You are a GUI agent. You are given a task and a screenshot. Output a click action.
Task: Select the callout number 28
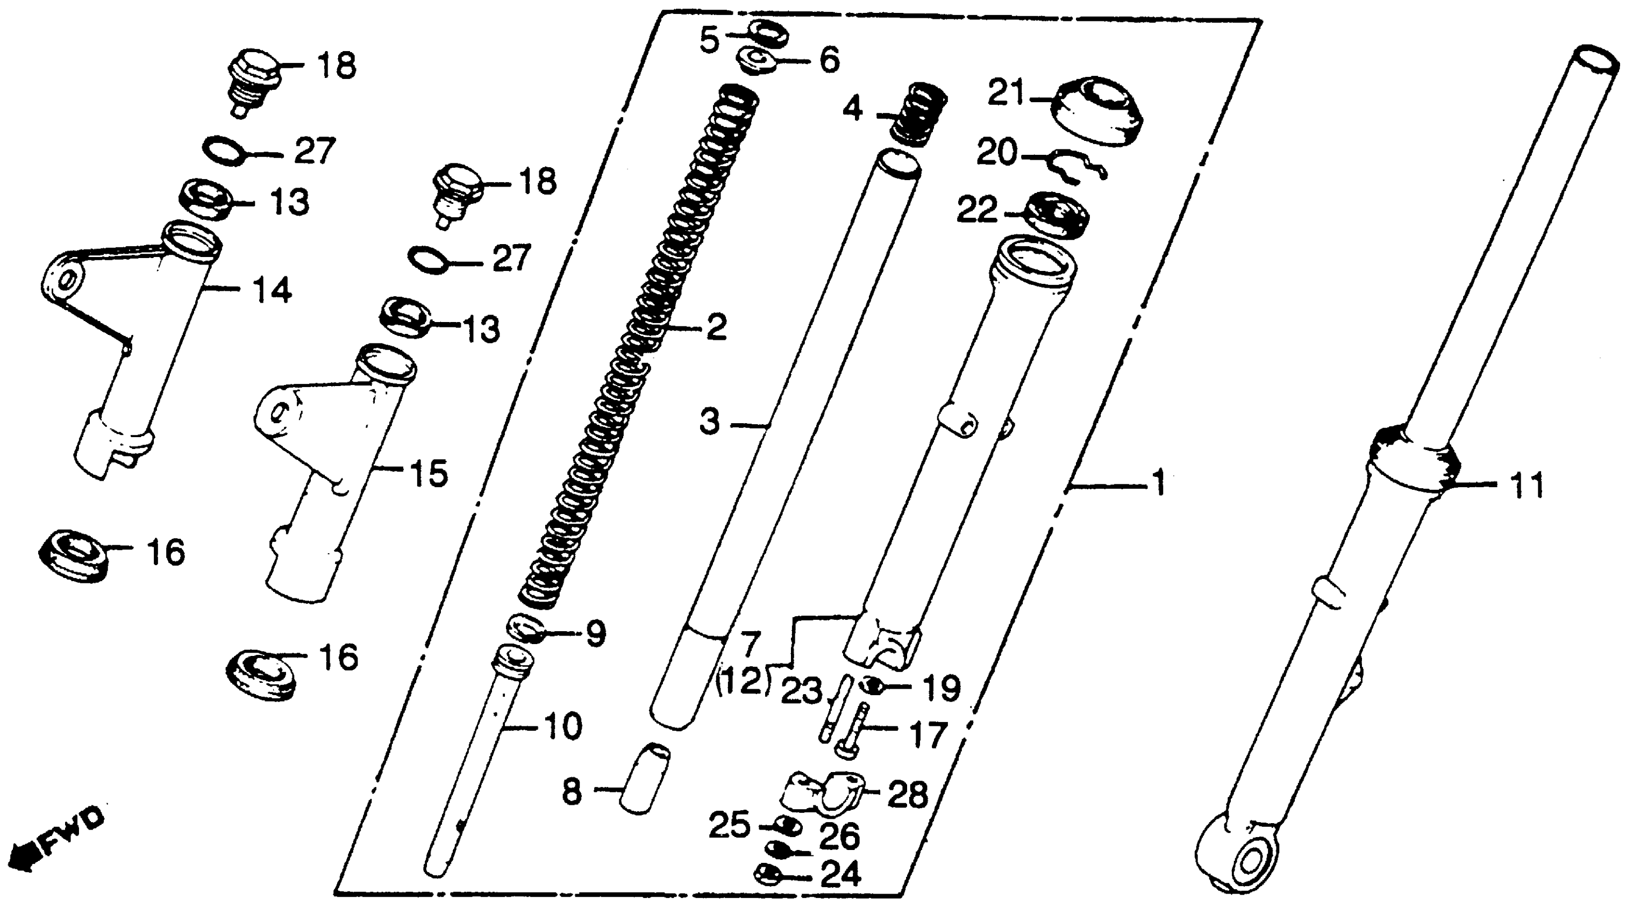tap(908, 794)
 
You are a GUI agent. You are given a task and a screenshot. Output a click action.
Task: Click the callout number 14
tap(272, 291)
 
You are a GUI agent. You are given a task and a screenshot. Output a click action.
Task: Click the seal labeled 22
tap(1055, 215)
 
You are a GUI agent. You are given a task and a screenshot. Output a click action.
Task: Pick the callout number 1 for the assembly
tap(1158, 484)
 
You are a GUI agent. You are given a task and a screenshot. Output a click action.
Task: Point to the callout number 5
tap(709, 40)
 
